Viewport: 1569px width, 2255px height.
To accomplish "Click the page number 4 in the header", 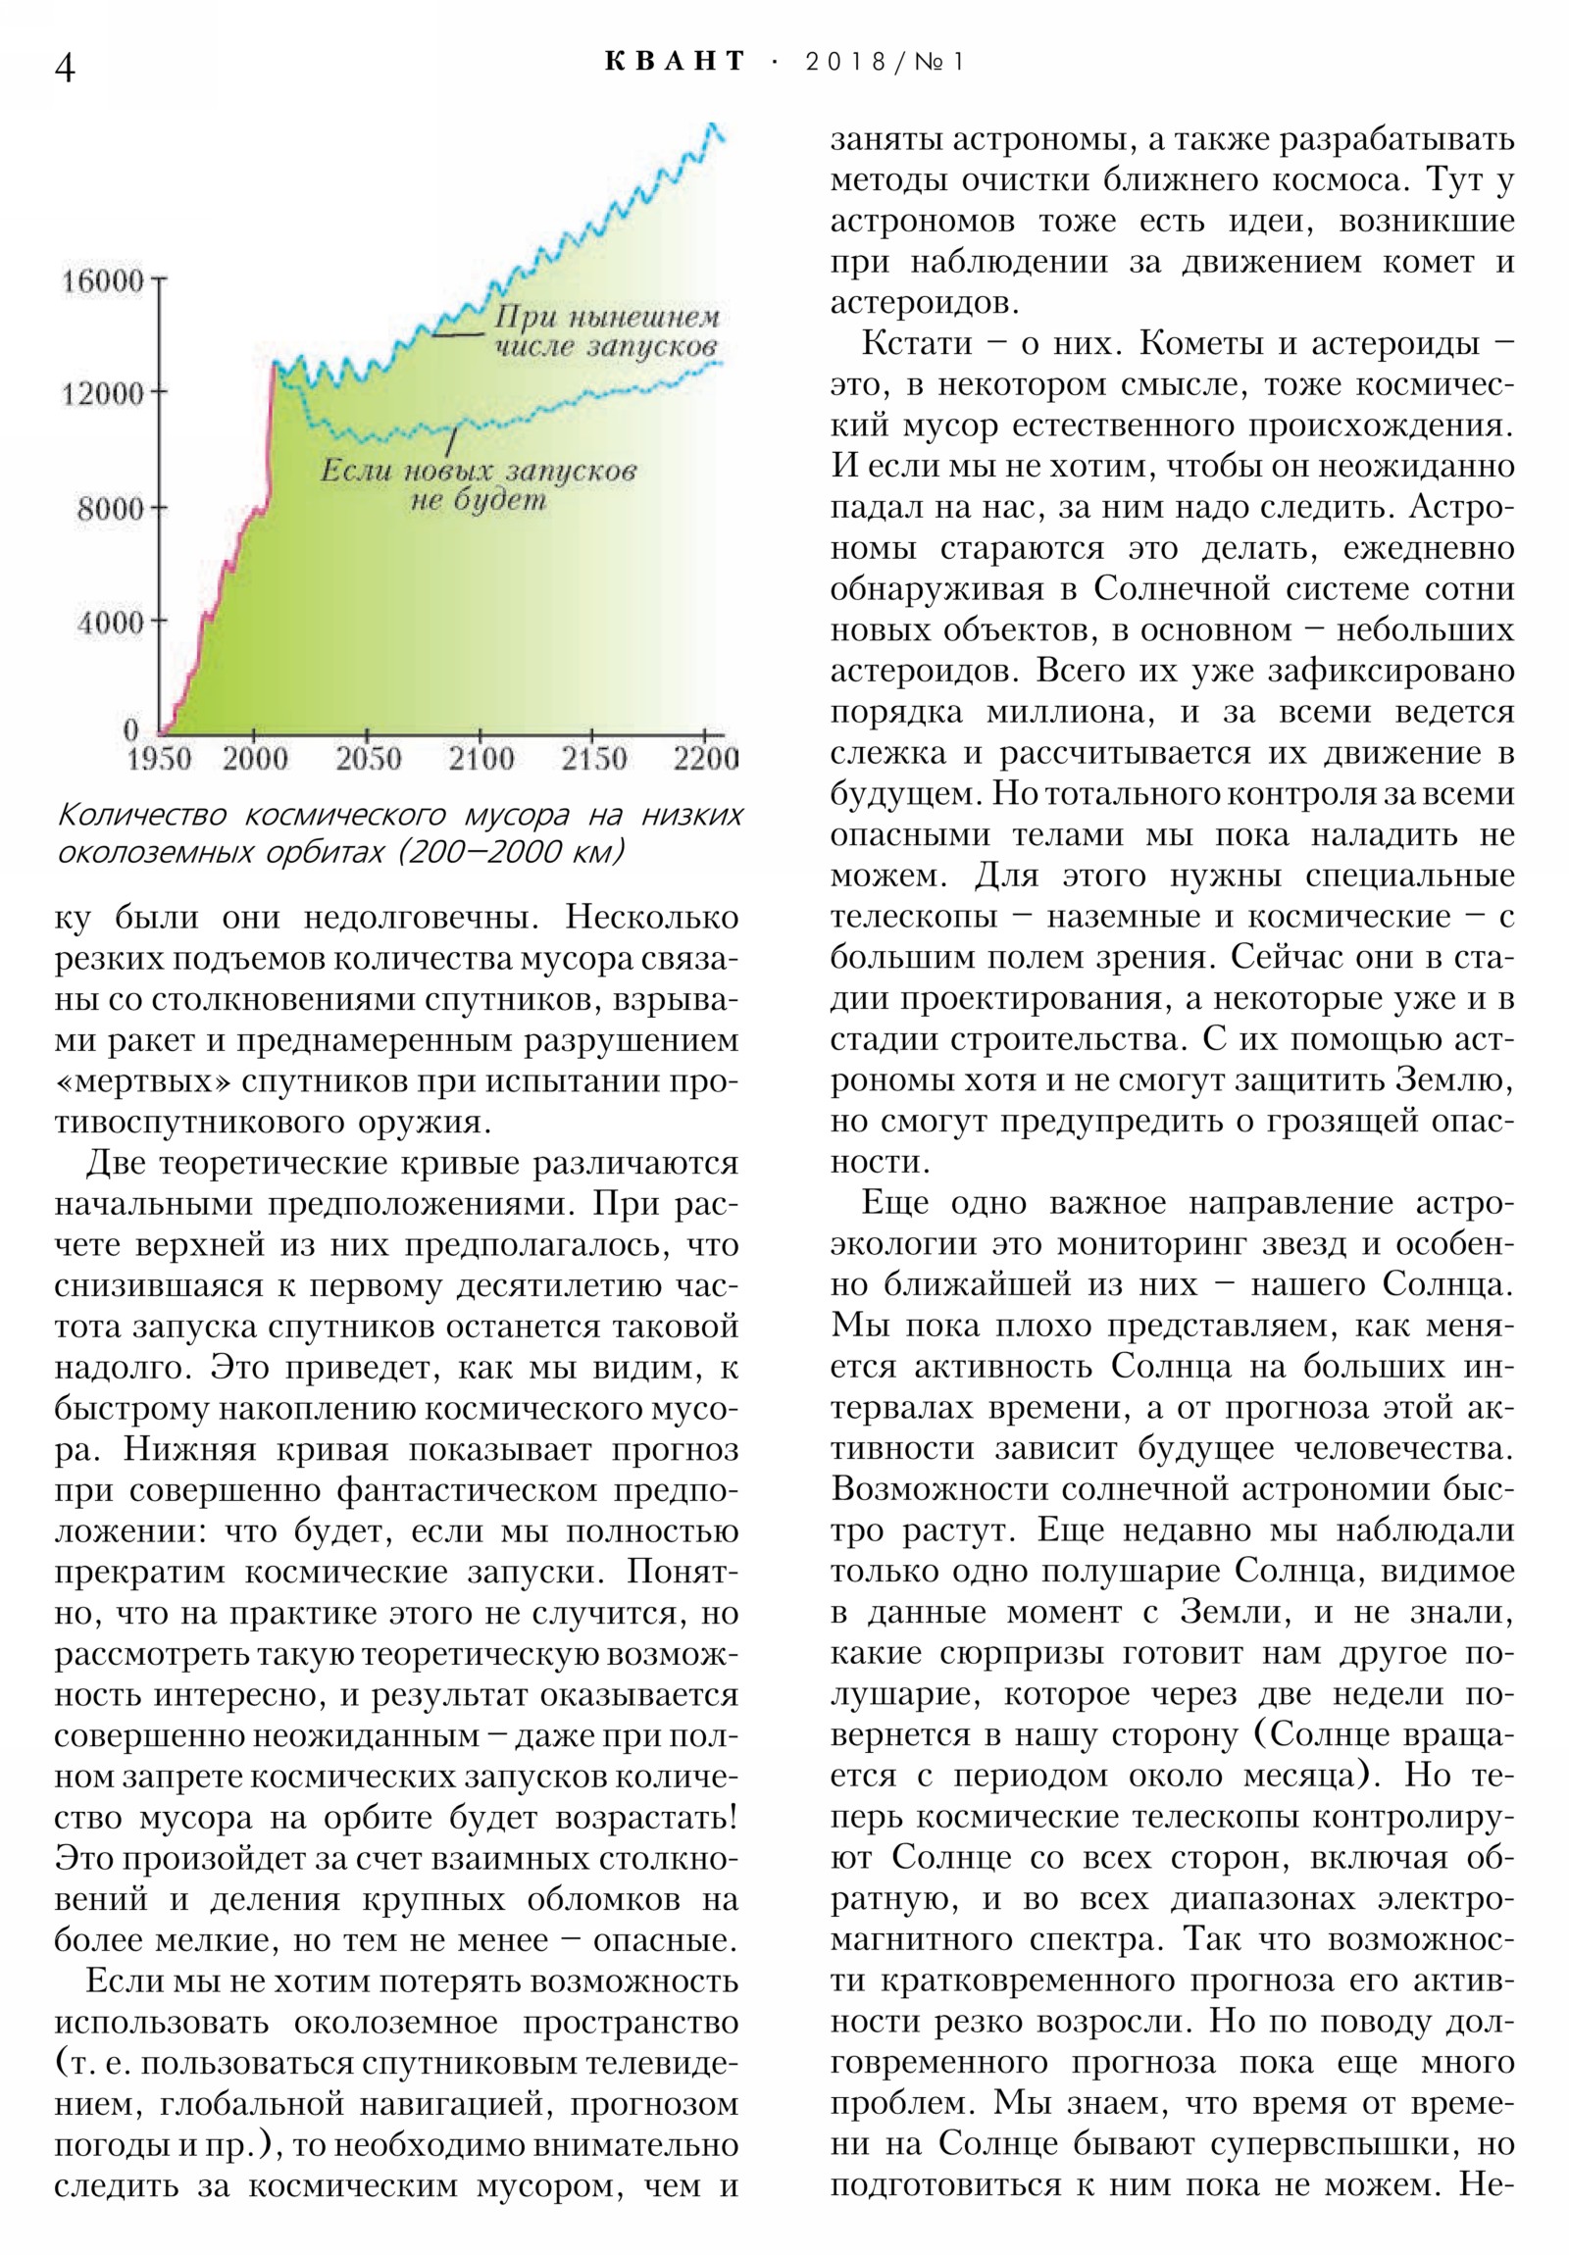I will pyautogui.click(x=65, y=68).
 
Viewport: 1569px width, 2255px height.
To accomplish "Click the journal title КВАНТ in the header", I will pyautogui.click(x=675, y=62).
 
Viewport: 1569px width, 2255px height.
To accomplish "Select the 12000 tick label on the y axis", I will pyautogui.click(x=102, y=394).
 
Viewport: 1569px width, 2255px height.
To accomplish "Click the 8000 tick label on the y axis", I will pyautogui.click(x=109, y=509).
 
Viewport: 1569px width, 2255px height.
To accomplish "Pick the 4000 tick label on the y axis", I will pyautogui.click(x=109, y=622).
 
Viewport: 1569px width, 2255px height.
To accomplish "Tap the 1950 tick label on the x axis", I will pyautogui.click(x=159, y=759).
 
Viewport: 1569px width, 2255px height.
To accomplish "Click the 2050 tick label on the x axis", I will pyautogui.click(x=368, y=759).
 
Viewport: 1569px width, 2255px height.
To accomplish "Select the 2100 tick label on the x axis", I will pyautogui.click(x=481, y=759).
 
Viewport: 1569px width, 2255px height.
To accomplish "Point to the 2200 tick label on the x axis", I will pyautogui.click(x=705, y=759).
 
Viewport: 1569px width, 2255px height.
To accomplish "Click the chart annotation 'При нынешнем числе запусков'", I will pyautogui.click(x=604, y=332).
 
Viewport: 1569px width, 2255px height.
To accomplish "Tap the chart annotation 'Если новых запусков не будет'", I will pyautogui.click(x=479, y=485).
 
